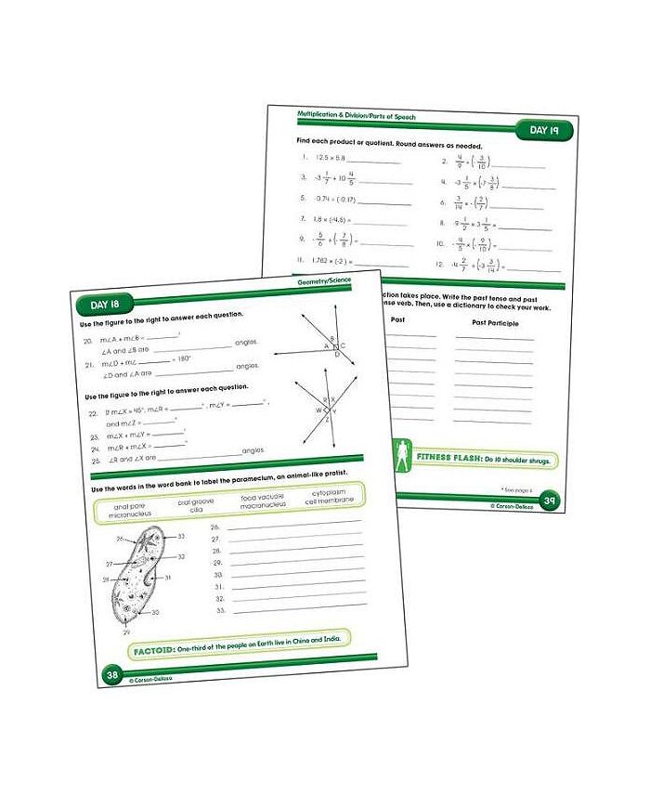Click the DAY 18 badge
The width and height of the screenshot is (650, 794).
pos(103,304)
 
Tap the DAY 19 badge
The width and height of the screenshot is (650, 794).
pos(545,131)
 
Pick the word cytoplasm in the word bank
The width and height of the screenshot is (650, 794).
pos(331,492)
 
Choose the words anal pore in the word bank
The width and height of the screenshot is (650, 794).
pos(129,506)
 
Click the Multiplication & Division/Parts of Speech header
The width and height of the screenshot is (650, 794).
pos(357,115)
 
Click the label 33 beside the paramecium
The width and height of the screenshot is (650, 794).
pos(182,536)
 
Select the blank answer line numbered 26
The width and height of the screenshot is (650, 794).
pos(288,527)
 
